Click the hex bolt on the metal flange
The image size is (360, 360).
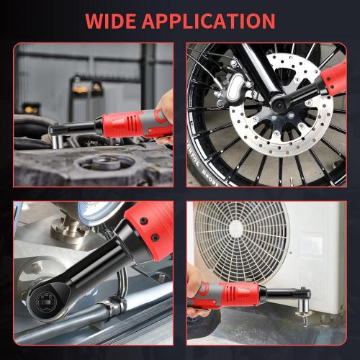click(35, 268)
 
